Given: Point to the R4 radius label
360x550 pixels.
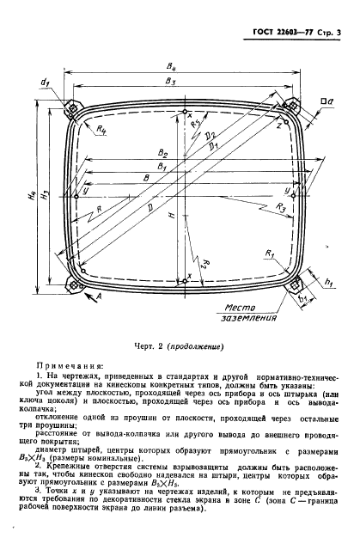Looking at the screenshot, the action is [x=102, y=130].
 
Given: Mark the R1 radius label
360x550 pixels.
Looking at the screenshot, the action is [x=270, y=256].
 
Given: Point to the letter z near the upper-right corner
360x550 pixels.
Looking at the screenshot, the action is [x=279, y=125].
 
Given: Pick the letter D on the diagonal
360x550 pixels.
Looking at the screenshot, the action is [x=152, y=206].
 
